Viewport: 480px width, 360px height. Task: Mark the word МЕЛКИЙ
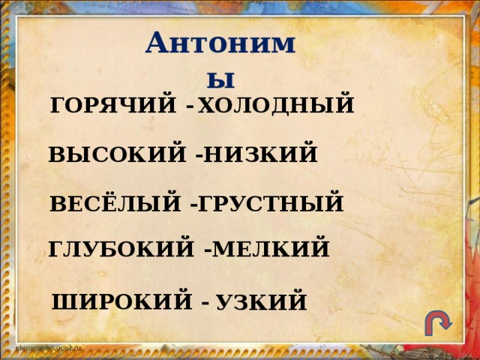pos(271,247)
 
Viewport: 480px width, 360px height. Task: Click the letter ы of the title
pos(223,77)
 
